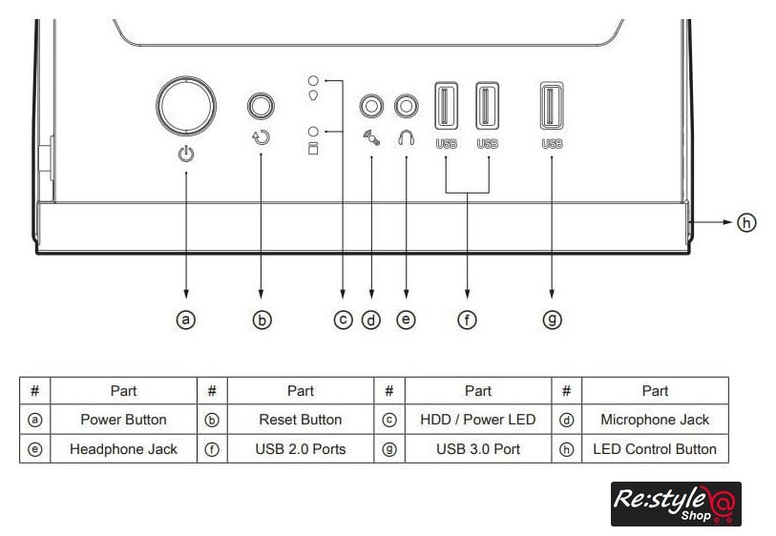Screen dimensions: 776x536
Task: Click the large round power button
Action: click(186, 105)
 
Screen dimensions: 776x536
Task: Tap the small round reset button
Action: click(261, 106)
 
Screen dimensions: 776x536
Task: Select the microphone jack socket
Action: click(371, 106)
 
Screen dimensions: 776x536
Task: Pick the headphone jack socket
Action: click(407, 106)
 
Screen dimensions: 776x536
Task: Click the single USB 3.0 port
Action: click(552, 106)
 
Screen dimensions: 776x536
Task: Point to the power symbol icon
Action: click(186, 155)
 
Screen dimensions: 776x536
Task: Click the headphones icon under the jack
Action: click(407, 138)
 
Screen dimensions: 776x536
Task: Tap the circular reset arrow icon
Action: click(261, 137)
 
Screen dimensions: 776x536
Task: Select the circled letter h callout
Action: click(746, 222)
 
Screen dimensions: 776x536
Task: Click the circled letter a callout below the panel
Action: click(186, 320)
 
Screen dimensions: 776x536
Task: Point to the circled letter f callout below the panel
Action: click(467, 320)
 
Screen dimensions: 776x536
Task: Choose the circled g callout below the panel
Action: click(553, 320)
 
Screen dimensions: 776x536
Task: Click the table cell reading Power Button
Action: click(124, 420)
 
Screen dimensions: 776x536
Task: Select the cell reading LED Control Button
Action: click(655, 449)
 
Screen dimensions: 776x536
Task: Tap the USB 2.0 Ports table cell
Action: click(301, 449)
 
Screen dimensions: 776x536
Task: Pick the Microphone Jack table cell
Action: click(655, 420)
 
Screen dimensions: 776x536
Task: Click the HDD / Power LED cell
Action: click(478, 420)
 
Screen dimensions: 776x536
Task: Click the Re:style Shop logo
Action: click(676, 504)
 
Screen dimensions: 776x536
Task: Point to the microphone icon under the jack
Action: click(371, 138)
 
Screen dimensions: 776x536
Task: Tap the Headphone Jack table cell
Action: click(124, 449)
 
